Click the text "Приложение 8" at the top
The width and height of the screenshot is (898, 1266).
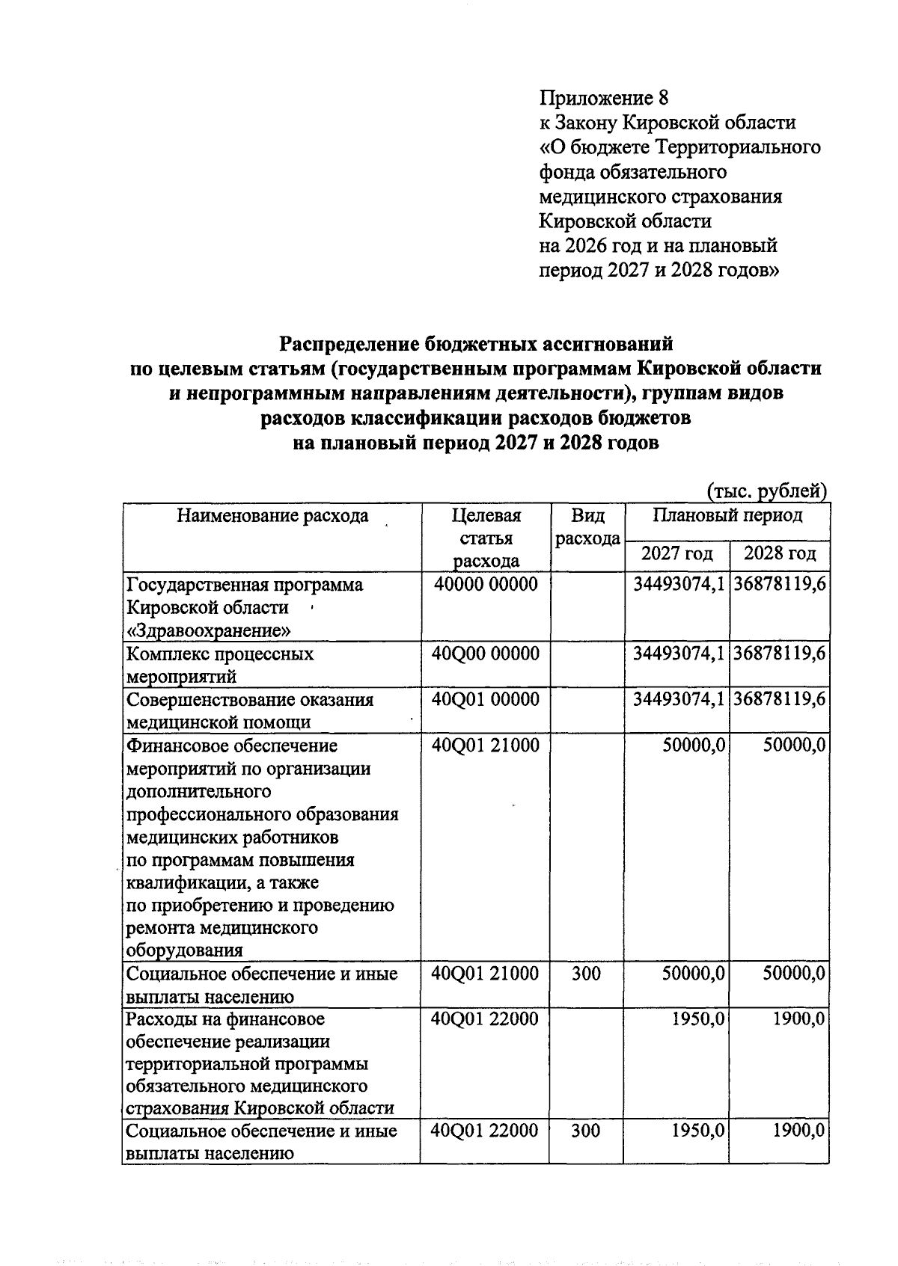(603, 97)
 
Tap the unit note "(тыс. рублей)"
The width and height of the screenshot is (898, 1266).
(766, 491)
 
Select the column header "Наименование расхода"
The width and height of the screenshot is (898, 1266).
(272, 515)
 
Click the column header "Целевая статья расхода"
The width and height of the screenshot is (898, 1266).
(486, 538)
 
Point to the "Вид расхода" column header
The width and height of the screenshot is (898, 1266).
(587, 526)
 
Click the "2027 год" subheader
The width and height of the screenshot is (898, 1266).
(676, 553)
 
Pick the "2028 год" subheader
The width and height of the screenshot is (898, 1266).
(780, 553)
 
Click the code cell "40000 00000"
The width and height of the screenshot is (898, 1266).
(486, 584)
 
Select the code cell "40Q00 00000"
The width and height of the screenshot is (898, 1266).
(486, 653)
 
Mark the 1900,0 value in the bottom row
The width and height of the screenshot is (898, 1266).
(799, 1130)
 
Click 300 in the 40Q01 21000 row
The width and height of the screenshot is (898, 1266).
(586, 973)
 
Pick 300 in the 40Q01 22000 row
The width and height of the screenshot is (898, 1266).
(586, 1130)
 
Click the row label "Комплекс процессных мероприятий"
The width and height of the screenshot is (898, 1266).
(220, 665)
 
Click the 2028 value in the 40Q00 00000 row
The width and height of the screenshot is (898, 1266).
(779, 653)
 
